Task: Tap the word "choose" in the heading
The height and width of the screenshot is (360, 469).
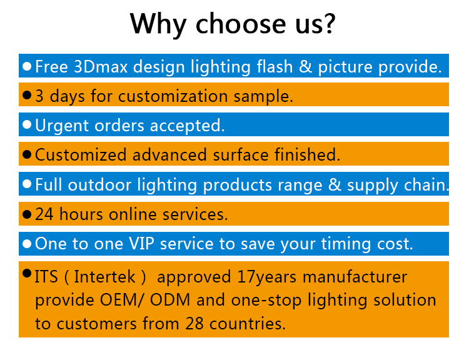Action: point(241,23)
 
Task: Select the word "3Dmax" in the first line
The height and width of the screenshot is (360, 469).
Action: point(101,66)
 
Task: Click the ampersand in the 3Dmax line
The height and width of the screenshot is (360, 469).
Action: point(305,66)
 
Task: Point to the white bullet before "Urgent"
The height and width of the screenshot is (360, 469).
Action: point(27,124)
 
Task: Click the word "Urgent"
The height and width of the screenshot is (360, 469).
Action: point(62,126)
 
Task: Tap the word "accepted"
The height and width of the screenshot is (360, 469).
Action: point(187,126)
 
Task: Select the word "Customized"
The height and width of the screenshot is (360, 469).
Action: point(81,155)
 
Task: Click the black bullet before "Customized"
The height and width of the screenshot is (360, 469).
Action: point(27,154)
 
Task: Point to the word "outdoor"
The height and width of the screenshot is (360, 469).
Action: point(99,185)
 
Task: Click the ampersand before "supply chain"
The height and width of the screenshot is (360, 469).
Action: point(335,185)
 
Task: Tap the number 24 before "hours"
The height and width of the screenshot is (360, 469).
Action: point(44,214)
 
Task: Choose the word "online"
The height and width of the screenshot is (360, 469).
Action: point(133,214)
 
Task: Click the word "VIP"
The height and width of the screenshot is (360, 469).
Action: point(141,244)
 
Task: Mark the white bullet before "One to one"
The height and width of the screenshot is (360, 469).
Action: point(27,244)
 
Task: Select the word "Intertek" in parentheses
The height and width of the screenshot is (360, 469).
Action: point(104,277)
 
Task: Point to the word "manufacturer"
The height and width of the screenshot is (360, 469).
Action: point(355,277)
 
